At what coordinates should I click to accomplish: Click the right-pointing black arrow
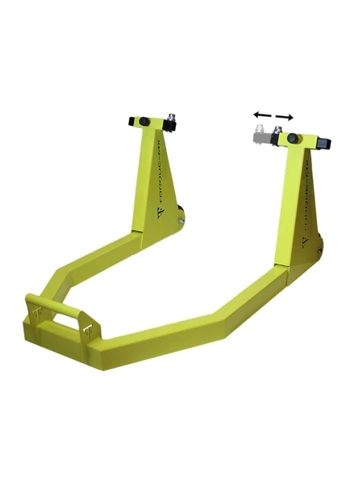click(282, 117)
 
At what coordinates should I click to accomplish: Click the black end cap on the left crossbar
click(131, 122)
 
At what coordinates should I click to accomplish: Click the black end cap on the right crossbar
click(325, 143)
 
